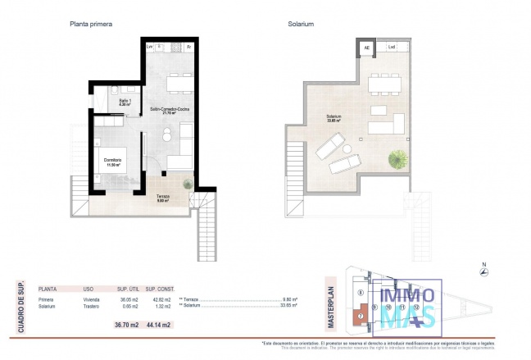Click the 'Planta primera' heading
tap(90, 25)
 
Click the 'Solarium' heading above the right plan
tap(302, 25)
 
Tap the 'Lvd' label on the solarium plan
tap(392, 47)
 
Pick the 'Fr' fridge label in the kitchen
tap(189, 47)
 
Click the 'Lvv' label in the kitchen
tap(149, 47)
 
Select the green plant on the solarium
tap(398, 157)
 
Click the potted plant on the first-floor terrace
tap(188, 185)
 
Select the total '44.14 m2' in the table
tap(159, 326)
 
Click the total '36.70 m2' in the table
tap(128, 326)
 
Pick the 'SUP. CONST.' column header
tap(161, 289)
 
